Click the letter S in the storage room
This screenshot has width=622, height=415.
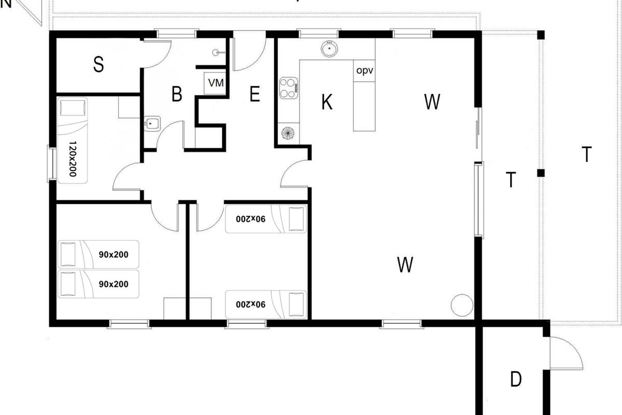coord(98,64)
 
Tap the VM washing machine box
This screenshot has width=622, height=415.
coord(215,83)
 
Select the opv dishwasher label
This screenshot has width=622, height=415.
coord(364,71)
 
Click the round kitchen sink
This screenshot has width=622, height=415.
coord(330,49)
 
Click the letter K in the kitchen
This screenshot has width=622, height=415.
coord(327,102)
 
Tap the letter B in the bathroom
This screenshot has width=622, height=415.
coord(177,94)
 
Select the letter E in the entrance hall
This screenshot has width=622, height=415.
coord(255,94)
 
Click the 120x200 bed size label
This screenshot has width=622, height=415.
coord(73,159)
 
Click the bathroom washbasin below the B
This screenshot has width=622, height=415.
coord(152,123)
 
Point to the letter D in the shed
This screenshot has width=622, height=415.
coord(516,379)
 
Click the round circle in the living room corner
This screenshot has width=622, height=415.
coord(462,305)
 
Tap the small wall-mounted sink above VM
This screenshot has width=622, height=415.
coord(216,52)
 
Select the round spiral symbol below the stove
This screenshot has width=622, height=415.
coord(288,133)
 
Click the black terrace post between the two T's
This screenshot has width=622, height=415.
coord(541,173)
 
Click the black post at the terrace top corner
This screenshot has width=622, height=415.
coord(541,35)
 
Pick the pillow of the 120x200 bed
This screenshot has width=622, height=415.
coord(72,107)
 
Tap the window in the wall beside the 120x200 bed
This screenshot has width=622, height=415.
coord(52,164)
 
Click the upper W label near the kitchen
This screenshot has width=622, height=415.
coord(432,102)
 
